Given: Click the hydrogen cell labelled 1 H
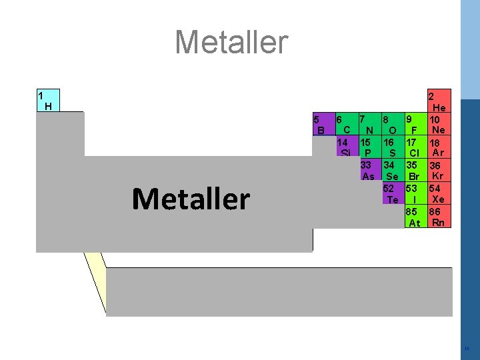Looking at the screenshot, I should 48,100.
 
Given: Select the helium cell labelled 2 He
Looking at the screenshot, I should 439,101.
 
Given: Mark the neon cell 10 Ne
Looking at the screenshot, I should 438,124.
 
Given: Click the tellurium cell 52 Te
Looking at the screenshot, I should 392,194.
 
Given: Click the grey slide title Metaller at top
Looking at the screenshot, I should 231,43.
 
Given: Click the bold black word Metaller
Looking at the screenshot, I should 191,199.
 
